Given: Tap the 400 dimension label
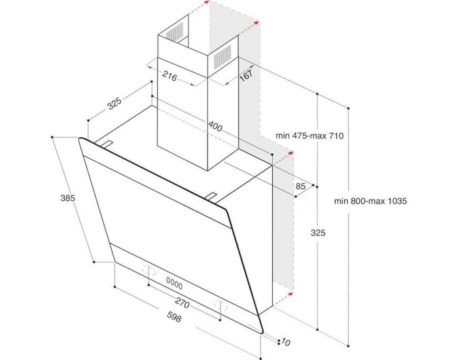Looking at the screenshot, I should [x=216, y=125].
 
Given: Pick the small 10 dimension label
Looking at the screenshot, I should [x=285, y=342].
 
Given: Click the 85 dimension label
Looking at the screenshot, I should [x=300, y=187].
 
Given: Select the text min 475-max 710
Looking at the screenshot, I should [x=309, y=135].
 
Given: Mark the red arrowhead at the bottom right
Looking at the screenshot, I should [x=287, y=296].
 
